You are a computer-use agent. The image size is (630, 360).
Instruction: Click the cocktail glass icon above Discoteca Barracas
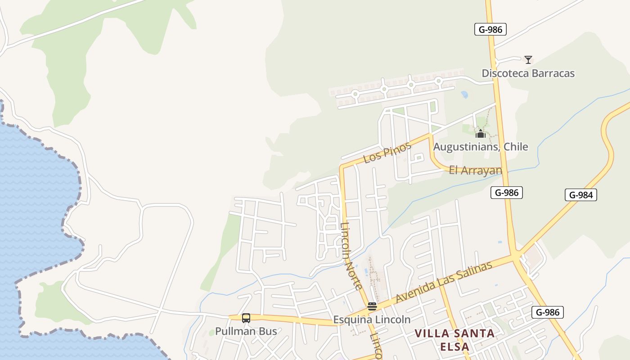tap(528, 59)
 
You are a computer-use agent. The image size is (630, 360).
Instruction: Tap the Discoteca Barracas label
tap(528, 73)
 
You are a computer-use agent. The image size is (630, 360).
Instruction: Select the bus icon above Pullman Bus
tap(246, 318)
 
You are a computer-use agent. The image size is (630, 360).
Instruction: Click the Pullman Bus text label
tap(246, 331)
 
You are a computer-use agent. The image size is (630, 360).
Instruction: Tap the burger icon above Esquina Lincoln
tap(372, 306)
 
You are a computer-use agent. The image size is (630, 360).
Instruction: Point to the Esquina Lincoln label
tap(372, 319)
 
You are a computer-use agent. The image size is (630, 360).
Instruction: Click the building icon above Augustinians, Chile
tap(481, 134)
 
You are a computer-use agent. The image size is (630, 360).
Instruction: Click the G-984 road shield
tap(580, 195)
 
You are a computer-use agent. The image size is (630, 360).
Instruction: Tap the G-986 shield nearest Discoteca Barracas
tap(490, 30)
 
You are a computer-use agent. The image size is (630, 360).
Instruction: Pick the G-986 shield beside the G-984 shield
tap(507, 193)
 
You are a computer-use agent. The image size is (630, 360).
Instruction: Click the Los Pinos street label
tap(387, 152)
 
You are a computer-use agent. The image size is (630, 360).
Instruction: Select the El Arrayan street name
tap(475, 171)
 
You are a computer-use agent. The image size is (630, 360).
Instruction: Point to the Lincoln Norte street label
tap(351, 256)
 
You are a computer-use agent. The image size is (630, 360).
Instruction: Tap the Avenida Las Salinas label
tap(443, 282)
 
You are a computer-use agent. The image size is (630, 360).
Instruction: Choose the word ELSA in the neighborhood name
tap(454, 347)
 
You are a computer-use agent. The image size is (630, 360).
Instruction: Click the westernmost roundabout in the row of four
tap(355, 94)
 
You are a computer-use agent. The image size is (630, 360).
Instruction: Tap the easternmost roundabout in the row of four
tap(438, 81)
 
